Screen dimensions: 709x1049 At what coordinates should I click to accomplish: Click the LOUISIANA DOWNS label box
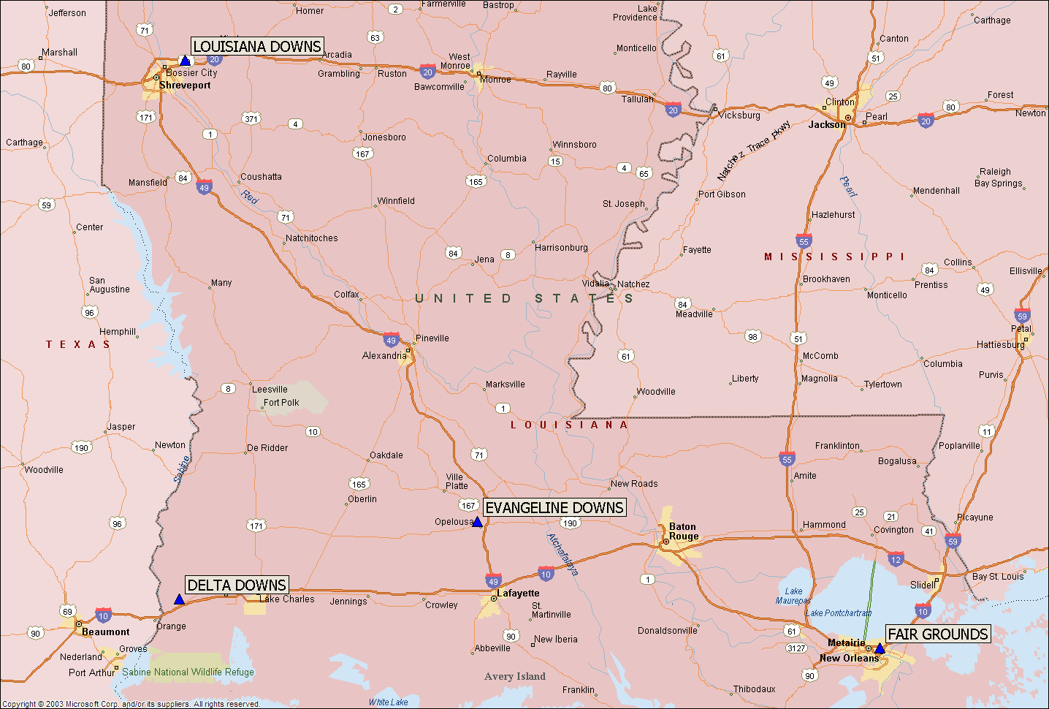(256, 47)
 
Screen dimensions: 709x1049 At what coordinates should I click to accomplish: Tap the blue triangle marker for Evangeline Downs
(477, 522)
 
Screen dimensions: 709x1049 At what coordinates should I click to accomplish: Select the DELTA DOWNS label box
(237, 585)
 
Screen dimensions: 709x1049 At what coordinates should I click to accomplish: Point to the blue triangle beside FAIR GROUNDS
(880, 649)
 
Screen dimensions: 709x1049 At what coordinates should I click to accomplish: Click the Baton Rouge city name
(683, 531)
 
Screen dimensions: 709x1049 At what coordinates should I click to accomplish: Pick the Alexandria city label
(384, 356)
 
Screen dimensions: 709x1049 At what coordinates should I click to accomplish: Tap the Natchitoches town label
(312, 238)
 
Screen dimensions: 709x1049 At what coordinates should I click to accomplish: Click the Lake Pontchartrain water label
(839, 613)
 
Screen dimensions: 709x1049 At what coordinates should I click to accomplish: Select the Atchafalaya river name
(562, 554)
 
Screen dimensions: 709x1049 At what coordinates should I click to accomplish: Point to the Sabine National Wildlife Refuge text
(188, 672)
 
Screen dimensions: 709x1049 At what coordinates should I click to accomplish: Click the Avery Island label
(515, 677)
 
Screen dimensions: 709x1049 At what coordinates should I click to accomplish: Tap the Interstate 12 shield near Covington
(896, 560)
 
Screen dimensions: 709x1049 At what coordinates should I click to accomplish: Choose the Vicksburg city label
(739, 115)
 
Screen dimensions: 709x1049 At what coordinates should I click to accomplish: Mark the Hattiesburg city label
(1000, 345)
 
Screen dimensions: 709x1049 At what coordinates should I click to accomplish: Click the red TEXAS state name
(77, 344)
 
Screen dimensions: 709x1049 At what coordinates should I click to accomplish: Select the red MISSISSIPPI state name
(834, 257)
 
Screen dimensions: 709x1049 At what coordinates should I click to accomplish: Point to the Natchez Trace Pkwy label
(754, 151)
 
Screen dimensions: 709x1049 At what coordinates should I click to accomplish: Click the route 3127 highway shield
(796, 648)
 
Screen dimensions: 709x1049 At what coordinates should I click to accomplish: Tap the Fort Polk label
(281, 403)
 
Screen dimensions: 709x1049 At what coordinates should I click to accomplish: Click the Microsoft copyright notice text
(131, 704)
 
